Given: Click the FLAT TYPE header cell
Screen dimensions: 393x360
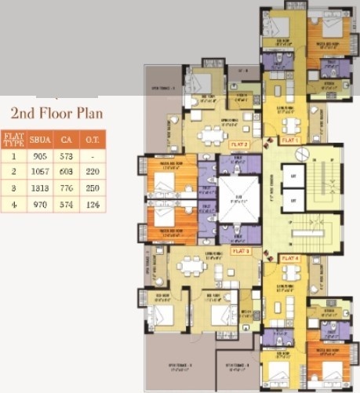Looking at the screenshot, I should coord(12,140).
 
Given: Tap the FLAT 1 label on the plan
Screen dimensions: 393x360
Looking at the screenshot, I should coord(291,140).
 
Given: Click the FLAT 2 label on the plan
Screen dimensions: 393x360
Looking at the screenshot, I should coord(238,145).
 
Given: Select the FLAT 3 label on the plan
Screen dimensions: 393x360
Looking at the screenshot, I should coord(241,251).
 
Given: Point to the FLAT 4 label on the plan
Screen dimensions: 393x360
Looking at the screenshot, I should coord(290,258).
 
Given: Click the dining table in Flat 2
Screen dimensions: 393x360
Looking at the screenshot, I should coord(213,136).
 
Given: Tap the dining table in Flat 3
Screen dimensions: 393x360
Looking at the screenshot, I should coord(189,267).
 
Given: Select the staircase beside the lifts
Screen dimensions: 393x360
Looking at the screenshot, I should coord(324,196).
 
